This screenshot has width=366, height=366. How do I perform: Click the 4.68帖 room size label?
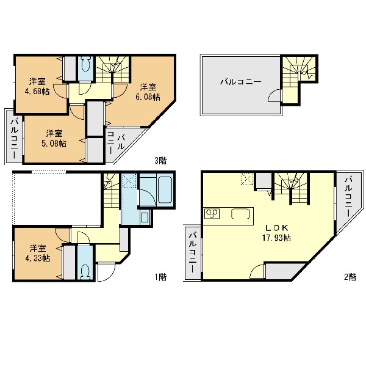(37, 92)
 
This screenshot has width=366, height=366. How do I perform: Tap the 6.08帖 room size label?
(148, 97)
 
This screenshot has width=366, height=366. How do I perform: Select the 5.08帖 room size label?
(54, 144)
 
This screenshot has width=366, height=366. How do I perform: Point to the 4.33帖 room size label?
(37, 258)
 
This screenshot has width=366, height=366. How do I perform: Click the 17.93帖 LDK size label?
(276, 238)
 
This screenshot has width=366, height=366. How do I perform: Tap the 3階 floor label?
(160, 161)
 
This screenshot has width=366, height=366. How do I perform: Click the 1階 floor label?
(160, 277)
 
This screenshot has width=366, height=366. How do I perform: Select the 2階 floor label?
(350, 277)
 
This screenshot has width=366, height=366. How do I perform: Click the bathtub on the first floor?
(165, 189)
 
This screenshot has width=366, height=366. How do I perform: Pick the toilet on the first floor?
(85, 271)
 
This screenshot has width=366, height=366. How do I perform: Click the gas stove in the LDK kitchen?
(212, 213)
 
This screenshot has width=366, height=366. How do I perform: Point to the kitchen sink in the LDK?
(240, 214)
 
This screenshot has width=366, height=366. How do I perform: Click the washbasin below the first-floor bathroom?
(145, 218)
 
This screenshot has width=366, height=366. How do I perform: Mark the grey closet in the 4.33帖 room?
(70, 262)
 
